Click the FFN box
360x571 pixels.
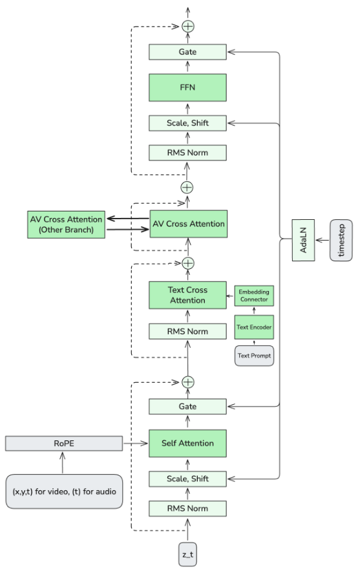pyautogui.click(x=187, y=87)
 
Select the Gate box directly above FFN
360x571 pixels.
pyautogui.click(x=187, y=52)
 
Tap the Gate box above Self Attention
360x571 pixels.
pyautogui.click(x=187, y=407)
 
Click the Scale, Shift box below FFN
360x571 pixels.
pyautogui.click(x=187, y=122)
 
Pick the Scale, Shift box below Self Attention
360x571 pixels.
pyautogui.click(x=187, y=479)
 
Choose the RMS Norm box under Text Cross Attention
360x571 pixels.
pyautogui.click(x=187, y=332)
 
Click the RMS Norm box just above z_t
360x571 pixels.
pyautogui.click(x=187, y=508)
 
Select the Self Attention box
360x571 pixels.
pyautogui.click(x=187, y=444)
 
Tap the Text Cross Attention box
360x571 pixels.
pyautogui.click(x=187, y=296)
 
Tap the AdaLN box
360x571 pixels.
pyautogui.click(x=304, y=240)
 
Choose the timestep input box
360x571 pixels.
pyautogui.click(x=341, y=240)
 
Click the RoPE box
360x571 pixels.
pyautogui.click(x=63, y=444)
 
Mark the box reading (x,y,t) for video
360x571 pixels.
pyautogui.click(x=63, y=491)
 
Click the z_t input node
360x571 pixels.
pyautogui.click(x=187, y=555)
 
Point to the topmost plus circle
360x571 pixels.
pyautogui.click(x=188, y=27)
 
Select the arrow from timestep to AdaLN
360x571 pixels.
pyautogui.click(x=323, y=240)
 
